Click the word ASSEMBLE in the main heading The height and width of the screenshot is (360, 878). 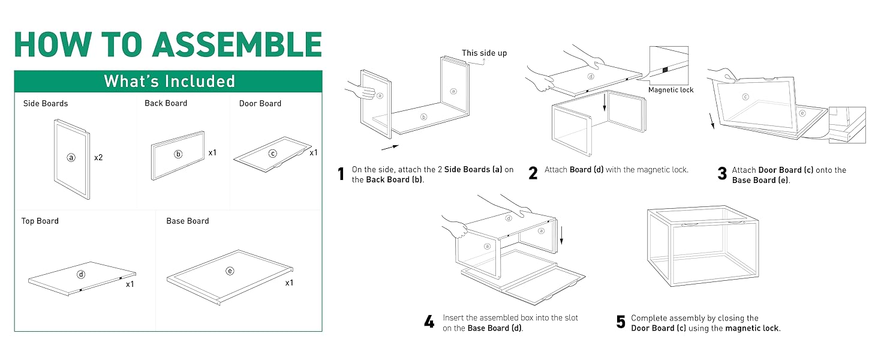pos(237,44)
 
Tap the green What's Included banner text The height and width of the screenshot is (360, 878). pos(169,82)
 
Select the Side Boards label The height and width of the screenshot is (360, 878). pos(46,103)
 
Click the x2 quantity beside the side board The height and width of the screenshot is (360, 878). pos(99,158)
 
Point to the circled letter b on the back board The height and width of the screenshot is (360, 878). pos(178,154)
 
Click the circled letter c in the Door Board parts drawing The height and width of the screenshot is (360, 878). pos(273,154)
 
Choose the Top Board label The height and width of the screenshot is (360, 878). pos(40,221)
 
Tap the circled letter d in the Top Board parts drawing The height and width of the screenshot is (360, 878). pos(81,275)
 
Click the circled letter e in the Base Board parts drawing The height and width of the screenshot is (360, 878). pos(230,271)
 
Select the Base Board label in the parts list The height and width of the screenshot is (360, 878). pos(188,221)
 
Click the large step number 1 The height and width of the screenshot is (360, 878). pos(341,174)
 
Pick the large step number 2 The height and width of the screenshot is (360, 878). pos(533,174)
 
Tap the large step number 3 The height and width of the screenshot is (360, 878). pos(722,174)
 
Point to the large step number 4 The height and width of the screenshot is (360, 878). pos(429,322)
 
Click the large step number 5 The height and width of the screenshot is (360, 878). pos(621,322)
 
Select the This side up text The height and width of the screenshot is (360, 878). pos(484,53)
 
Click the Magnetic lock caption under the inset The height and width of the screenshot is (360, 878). pos(670,90)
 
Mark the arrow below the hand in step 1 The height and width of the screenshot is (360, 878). pos(389,146)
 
